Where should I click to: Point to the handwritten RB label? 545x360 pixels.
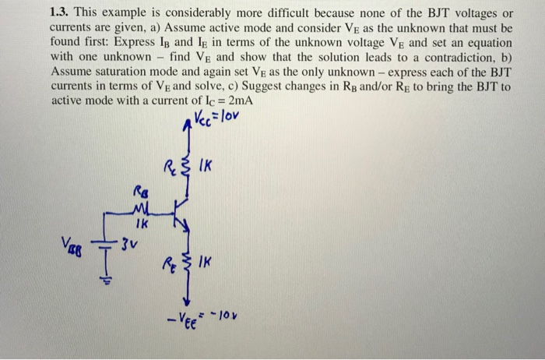click(x=140, y=189)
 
